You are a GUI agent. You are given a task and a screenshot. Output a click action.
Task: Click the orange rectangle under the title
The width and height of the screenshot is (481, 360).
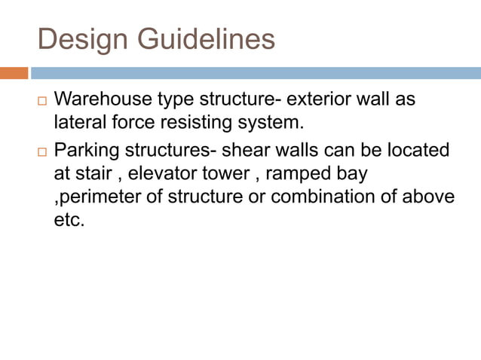tap(14, 73)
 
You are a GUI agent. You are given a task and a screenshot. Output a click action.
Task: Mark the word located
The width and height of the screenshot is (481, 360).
tap(418, 150)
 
